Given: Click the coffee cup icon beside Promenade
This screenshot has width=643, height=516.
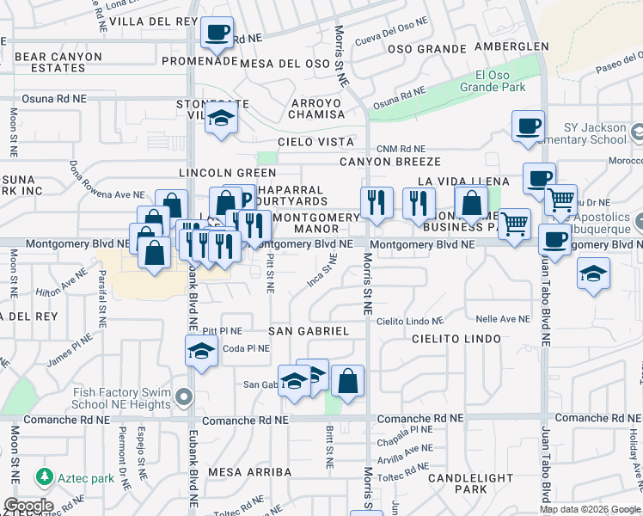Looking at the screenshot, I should [217, 34].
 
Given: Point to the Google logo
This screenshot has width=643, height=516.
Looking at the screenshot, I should [28, 506].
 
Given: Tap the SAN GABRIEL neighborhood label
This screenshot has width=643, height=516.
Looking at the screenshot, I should [308, 331].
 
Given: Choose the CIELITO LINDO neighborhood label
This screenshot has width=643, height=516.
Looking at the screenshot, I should [456, 339].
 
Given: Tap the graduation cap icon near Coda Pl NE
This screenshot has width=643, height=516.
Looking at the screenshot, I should [201, 351].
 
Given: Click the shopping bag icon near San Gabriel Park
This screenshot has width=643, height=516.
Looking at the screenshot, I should [347, 380].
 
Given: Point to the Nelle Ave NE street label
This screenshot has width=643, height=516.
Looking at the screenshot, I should [503, 319].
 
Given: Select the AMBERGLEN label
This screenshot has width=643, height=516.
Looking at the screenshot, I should [511, 47].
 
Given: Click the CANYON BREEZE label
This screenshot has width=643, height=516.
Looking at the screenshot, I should [389, 162].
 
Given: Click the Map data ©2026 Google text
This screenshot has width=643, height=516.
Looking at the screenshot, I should [590, 509].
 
